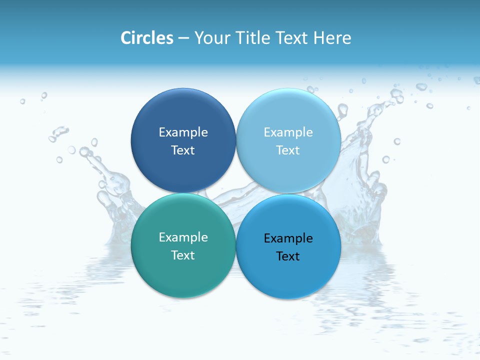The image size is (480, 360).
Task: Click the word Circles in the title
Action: click(x=146, y=38)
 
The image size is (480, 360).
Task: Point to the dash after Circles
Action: click(x=183, y=38)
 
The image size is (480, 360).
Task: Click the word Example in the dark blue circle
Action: click(x=183, y=132)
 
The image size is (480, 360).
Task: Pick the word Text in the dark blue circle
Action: click(x=183, y=150)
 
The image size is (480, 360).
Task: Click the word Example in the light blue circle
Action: click(x=288, y=132)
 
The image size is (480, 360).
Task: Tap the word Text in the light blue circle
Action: click(x=288, y=150)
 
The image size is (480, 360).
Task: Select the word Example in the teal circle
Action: click(x=183, y=237)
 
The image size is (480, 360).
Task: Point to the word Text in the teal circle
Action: click(x=183, y=255)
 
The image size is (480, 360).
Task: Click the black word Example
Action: click(x=288, y=238)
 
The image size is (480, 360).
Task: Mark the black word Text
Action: click(x=288, y=256)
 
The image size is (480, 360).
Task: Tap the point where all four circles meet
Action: click(x=235, y=193)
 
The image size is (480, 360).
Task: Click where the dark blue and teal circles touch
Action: click(x=183, y=193)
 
